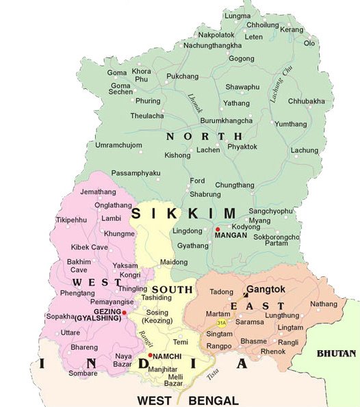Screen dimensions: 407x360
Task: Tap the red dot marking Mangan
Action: (218, 229)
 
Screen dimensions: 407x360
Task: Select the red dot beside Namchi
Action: (150, 355)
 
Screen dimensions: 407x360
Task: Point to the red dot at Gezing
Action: (124, 312)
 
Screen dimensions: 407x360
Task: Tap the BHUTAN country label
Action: (336, 354)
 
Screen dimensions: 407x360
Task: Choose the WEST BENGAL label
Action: (188, 400)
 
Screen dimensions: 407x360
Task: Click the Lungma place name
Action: (238, 15)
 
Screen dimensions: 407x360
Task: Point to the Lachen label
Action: (208, 149)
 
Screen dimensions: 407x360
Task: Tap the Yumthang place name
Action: (290, 124)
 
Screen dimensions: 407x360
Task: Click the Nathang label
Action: (324, 304)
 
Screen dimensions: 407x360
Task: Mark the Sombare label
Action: (82, 373)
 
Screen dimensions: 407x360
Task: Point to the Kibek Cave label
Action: (90, 246)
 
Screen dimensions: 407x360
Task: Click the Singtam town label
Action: (221, 334)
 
